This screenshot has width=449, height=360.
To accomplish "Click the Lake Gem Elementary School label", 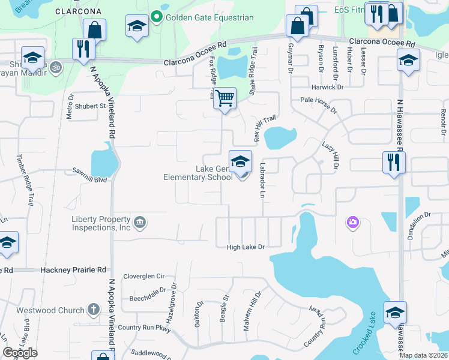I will tap(198, 173).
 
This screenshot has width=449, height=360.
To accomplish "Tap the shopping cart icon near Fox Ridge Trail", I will tap(224, 98).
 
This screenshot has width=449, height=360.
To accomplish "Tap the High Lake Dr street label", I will tap(246, 247).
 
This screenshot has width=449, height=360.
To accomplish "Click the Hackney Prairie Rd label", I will tap(73, 271).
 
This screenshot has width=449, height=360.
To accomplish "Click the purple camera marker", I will tap(352, 223).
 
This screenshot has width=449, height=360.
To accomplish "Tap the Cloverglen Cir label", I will tap(143, 277).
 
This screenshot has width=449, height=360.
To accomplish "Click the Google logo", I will tap(20, 353).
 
